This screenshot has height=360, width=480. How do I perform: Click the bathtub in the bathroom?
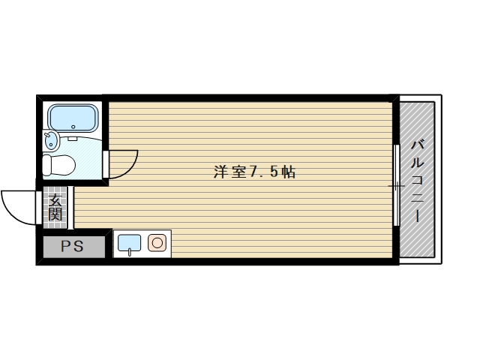point(72,118)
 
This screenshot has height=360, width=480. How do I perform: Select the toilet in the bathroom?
point(59,163)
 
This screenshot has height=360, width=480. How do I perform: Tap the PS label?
point(73,246)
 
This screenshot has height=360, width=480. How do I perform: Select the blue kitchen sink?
point(130,243)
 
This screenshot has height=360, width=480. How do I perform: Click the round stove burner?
point(157,242)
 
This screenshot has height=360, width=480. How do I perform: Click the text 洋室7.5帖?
point(253,171)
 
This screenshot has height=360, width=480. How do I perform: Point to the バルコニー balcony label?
point(418,180)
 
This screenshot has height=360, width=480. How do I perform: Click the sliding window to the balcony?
point(394,184)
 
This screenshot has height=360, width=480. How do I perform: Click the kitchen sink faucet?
point(130,253)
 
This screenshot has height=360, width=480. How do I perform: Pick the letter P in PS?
point(67,246)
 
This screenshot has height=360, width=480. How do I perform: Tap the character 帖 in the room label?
point(289,171)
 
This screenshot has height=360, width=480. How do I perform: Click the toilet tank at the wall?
point(46,163)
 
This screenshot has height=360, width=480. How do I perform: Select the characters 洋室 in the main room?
point(229,171)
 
